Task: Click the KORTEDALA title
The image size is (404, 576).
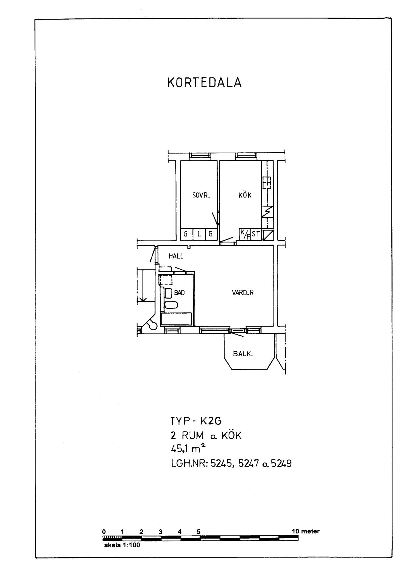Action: (x=204, y=83)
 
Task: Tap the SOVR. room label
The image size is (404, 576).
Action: (x=201, y=195)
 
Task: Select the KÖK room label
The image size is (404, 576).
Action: (x=245, y=195)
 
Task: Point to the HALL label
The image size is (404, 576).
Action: (x=176, y=256)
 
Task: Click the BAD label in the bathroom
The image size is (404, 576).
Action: (x=179, y=293)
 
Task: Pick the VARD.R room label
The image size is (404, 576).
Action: (x=243, y=293)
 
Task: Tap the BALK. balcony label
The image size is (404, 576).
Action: (x=243, y=354)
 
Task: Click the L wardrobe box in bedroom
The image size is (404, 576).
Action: (x=199, y=234)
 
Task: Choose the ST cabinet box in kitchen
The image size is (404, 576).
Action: (x=256, y=234)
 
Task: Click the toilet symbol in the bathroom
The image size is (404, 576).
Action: (x=171, y=305)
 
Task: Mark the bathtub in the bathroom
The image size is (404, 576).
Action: (x=176, y=319)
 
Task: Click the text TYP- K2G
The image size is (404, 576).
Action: (x=196, y=421)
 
